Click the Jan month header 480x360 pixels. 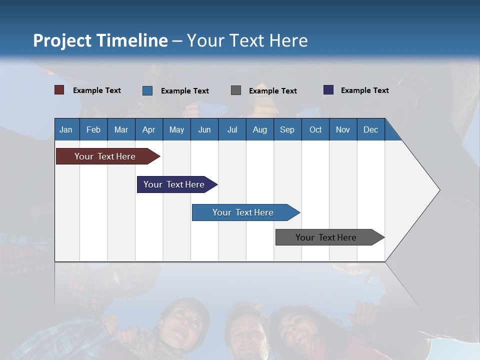tap(66, 129)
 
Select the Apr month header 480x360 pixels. tap(148, 129)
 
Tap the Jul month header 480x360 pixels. tap(232, 129)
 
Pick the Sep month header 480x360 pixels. tap(287, 129)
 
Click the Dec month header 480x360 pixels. tap(370, 129)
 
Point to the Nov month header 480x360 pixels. tap(342, 129)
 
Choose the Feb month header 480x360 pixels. tap(93, 129)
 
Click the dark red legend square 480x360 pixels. tap(59, 90)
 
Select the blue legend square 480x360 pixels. tap(147, 90)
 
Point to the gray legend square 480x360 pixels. tap(236, 90)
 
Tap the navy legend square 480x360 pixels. tap(328, 90)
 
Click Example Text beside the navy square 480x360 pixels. tap(364, 90)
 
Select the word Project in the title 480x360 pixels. tap(62, 40)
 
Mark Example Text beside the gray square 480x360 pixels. tap(272, 91)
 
